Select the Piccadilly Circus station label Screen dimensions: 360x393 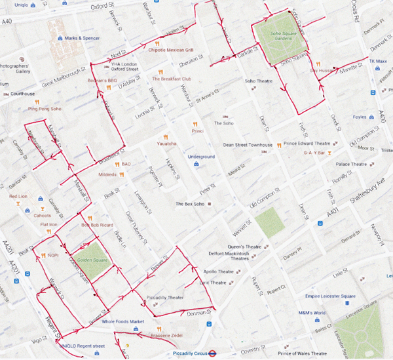[180, 352]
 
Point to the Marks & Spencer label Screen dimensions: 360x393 [83, 38]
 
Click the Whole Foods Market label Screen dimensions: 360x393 [118, 321]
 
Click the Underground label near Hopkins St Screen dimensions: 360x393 [201, 157]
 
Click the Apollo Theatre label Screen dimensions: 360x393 [219, 271]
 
